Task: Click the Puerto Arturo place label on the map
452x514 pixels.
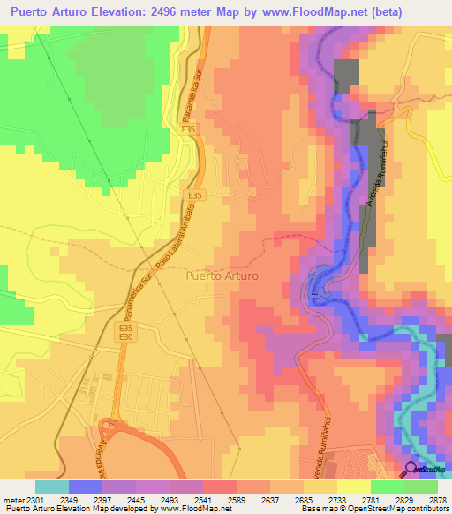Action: pyautogui.click(x=222, y=276)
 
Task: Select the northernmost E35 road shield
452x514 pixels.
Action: pyautogui.click(x=188, y=129)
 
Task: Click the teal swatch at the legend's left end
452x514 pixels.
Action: pyautogui.click(x=52, y=487)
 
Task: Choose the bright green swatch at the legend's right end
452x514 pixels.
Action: pyautogui.click(x=421, y=487)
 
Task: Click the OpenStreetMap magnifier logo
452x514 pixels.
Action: pyautogui.click(x=411, y=468)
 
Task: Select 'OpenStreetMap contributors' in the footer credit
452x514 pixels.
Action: pyautogui.click(x=386, y=510)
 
